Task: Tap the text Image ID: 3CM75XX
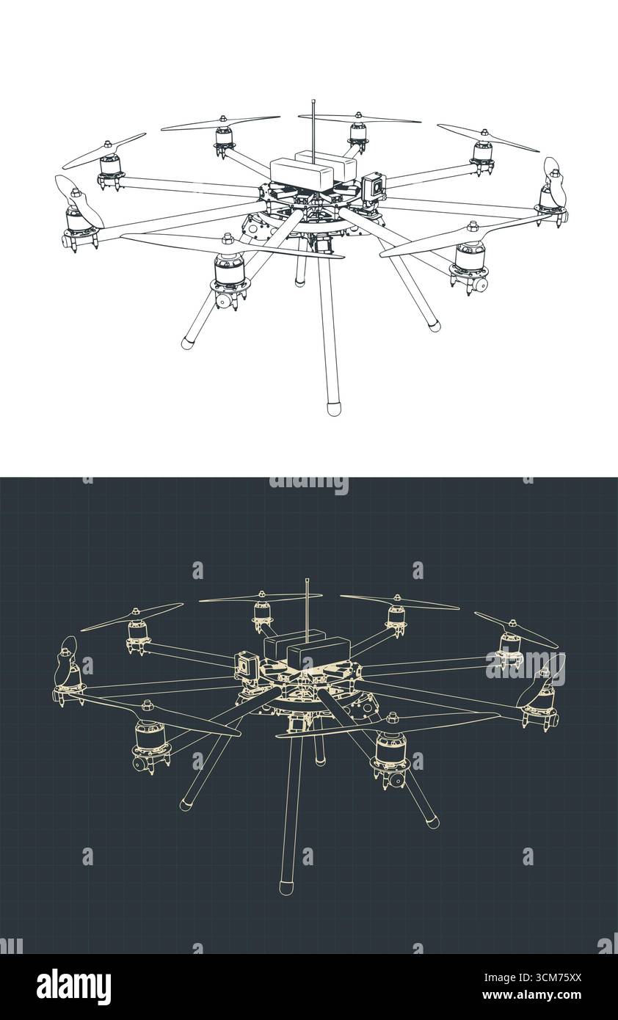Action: [x=533, y=977]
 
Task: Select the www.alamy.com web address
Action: [x=532, y=994]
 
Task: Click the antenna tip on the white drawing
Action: [x=313, y=101]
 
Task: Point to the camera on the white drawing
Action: [x=374, y=188]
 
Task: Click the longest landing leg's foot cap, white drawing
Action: [x=334, y=408]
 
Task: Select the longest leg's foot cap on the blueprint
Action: [x=286, y=888]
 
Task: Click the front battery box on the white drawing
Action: [x=303, y=174]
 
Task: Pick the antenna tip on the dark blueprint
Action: [x=308, y=580]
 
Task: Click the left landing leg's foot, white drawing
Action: [x=187, y=343]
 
